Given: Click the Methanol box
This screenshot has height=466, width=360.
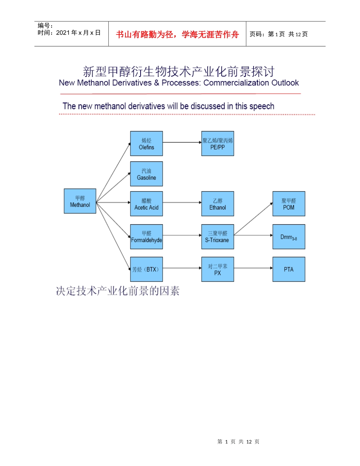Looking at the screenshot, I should point(80,201).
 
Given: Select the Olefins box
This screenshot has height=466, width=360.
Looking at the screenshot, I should point(146,144).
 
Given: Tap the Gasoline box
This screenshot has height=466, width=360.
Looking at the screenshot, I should point(146,174).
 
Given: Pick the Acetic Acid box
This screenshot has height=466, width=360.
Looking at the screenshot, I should point(146,204).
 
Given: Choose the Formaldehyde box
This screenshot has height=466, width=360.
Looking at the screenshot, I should point(146,237).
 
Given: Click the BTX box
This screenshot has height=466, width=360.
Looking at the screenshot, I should point(146,269).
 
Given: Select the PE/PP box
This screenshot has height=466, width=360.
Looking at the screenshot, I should point(218,144).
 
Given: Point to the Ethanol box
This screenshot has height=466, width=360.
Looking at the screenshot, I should point(218,204).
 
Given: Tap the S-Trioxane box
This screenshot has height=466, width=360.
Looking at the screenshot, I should point(218,237).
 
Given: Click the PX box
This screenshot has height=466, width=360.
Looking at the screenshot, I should point(218,269).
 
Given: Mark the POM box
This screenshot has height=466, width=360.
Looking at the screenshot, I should point(289,204).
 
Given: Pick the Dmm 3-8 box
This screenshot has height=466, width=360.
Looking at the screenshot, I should point(289,237).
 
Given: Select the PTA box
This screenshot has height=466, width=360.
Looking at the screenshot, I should point(289,269).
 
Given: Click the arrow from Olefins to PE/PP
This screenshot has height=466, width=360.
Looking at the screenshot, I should point(182,143).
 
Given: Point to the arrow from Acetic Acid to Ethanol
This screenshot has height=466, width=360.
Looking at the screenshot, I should point(182,203).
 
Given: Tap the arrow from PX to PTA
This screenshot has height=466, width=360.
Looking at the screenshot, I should point(253,268).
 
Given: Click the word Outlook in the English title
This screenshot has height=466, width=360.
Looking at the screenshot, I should point(284,83).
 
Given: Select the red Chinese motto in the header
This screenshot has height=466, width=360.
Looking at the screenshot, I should point(177,34).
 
